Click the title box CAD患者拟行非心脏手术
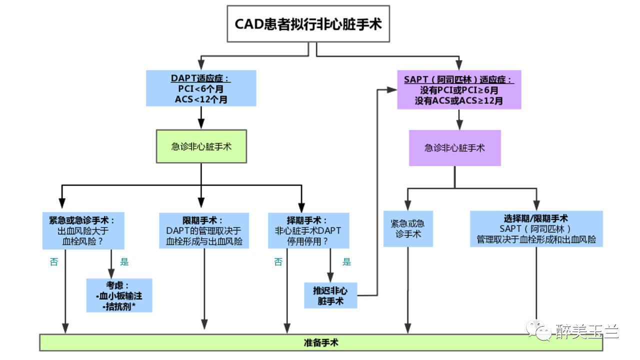[x=308, y=24]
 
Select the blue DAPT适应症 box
[x=201, y=88]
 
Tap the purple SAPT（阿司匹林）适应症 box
[x=459, y=89]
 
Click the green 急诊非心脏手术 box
[x=201, y=147]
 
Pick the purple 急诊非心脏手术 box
[x=454, y=148]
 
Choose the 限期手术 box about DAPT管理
[x=204, y=231]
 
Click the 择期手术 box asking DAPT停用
[x=308, y=231]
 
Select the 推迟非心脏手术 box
[x=330, y=295]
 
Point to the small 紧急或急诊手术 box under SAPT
[x=408, y=228]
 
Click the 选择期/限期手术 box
[x=536, y=229]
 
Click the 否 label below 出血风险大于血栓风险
[x=54, y=262]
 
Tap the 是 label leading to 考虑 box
[x=124, y=262]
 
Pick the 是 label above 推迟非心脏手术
[x=346, y=262]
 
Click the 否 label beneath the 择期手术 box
[x=278, y=262]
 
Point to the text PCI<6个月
[x=201, y=89]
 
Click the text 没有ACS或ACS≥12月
[x=459, y=100]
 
